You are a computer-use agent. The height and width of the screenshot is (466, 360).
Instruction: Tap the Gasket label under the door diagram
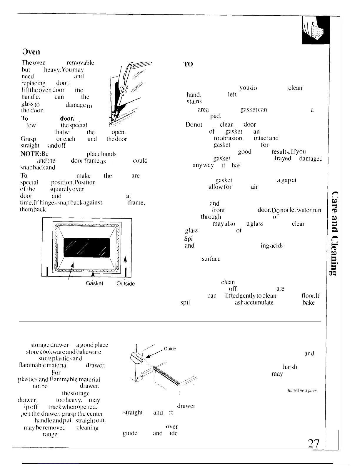(94, 283)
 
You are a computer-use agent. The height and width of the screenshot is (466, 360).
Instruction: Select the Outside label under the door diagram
(126, 284)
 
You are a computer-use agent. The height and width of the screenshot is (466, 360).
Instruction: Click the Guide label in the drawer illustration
(170, 349)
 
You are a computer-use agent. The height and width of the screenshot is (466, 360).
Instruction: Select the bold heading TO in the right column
(188, 64)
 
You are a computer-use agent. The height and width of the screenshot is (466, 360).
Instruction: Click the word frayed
(283, 159)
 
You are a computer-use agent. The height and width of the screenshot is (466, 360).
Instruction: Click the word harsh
(290, 367)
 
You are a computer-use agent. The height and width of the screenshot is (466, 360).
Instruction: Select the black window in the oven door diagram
(86, 247)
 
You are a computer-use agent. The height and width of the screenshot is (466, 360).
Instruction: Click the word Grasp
(28, 139)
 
